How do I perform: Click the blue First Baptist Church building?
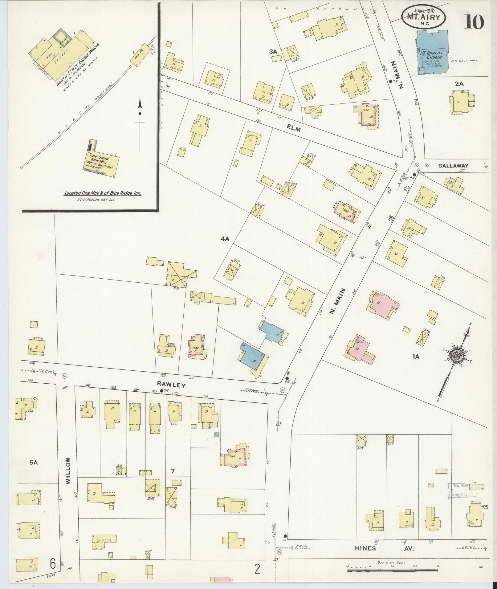tap(431, 52)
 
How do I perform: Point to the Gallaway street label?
tap(453, 165)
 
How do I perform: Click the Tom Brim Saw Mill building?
tap(102, 163)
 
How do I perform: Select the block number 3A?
tap(273, 52)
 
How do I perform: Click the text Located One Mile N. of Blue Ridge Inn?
tap(104, 194)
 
